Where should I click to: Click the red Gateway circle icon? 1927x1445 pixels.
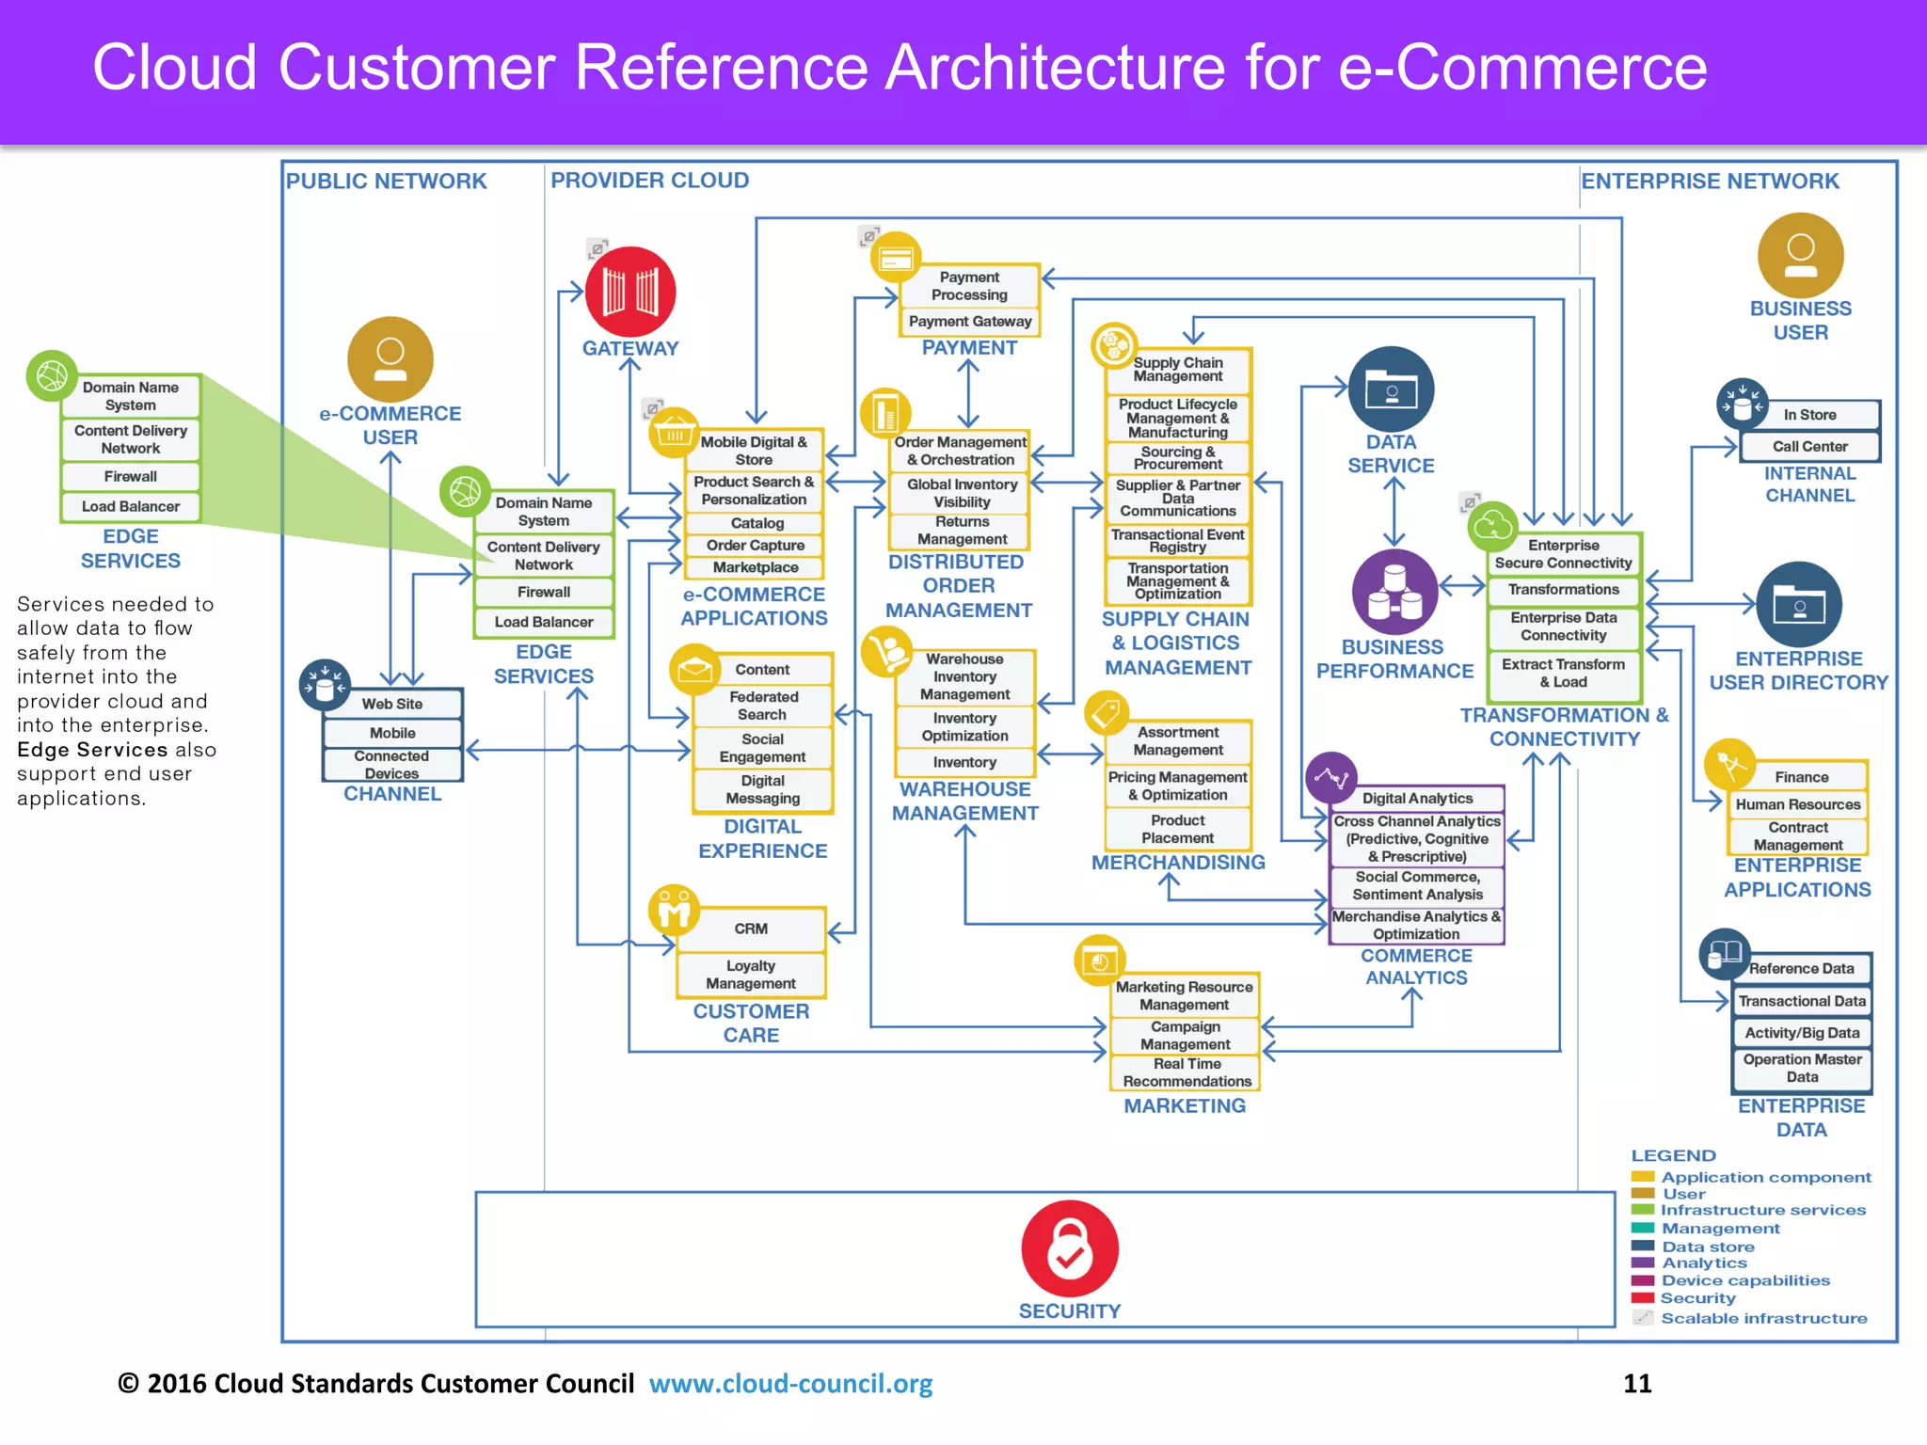click(x=629, y=292)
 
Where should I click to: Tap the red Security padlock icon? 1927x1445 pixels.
click(x=1070, y=1248)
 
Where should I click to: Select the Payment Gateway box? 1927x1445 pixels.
click(x=970, y=322)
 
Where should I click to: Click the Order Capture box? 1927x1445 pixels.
click(x=755, y=546)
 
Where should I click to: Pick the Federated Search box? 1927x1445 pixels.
click(x=763, y=706)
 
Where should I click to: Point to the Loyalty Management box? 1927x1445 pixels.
click(x=751, y=975)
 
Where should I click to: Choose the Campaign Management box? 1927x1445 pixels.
click(x=1185, y=1036)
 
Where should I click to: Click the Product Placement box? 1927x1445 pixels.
click(x=1177, y=829)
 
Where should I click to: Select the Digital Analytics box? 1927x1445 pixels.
click(x=1417, y=799)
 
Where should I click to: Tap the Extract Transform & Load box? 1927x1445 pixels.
click(x=1563, y=673)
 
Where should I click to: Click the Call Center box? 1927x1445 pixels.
click(x=1809, y=447)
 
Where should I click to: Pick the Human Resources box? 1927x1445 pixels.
click(x=1797, y=804)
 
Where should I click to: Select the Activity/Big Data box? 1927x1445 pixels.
click(x=1801, y=1033)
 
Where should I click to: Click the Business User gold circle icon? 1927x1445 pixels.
click(x=1800, y=255)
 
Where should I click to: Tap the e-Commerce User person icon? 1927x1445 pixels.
click(x=390, y=359)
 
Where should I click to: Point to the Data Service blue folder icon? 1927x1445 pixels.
click(x=1391, y=389)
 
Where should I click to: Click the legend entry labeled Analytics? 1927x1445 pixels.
click(x=1704, y=1263)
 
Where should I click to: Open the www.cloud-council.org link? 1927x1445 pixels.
click(x=790, y=1384)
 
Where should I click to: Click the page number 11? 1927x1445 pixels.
click(x=1637, y=1384)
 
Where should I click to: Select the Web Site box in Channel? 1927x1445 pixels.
click(x=392, y=704)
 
